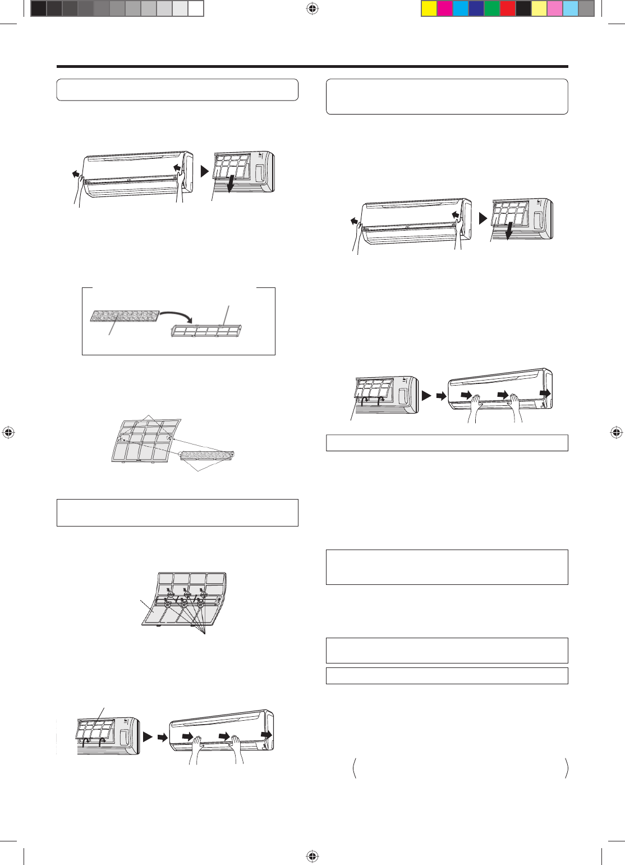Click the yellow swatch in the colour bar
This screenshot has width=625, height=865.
(429, 8)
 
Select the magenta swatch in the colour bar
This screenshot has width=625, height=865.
(445, 8)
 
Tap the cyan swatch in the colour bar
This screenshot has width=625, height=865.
(461, 8)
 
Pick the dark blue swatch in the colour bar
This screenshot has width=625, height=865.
(476, 8)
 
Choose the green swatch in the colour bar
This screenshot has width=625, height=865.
(492, 8)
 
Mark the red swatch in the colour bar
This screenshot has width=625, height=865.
(508, 8)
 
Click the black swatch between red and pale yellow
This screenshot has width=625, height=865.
(523, 8)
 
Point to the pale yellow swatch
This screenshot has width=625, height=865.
(539, 8)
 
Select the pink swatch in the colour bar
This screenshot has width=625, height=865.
(555, 8)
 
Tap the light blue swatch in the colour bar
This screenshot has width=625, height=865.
(571, 8)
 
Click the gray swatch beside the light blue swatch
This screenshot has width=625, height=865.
(586, 8)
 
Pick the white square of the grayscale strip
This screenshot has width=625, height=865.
(195, 8)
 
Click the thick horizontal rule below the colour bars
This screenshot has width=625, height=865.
(312, 67)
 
